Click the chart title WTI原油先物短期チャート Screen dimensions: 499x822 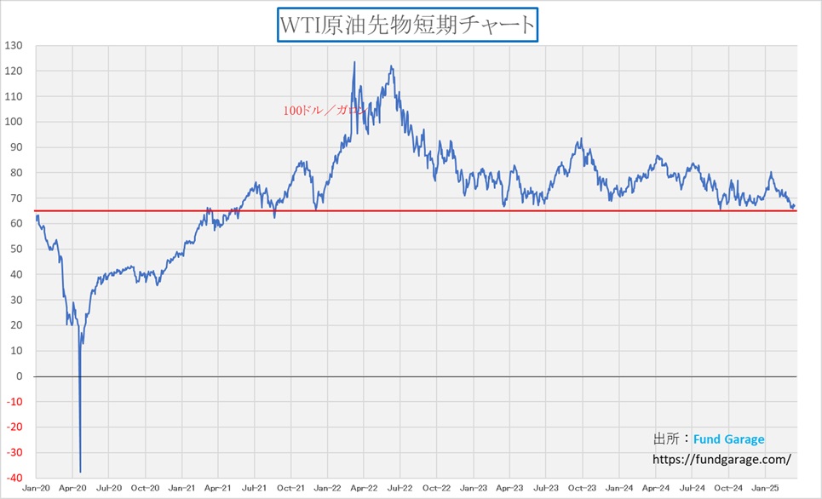point(408,25)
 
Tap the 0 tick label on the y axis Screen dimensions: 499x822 point(20,376)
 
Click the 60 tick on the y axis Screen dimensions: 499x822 point(18,223)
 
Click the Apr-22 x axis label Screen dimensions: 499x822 point(364,488)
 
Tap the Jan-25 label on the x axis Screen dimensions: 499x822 point(765,488)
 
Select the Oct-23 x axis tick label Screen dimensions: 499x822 point(583,488)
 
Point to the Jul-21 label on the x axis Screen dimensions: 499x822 point(254,488)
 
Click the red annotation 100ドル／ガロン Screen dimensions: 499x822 point(325,110)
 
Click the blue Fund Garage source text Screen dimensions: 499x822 point(728,439)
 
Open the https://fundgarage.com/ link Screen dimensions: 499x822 point(721,459)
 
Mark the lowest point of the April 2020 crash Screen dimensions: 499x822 point(80,472)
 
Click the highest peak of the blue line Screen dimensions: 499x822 point(354,61)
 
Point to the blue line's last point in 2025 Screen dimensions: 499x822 point(795,204)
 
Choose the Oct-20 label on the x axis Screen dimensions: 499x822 point(145,488)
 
